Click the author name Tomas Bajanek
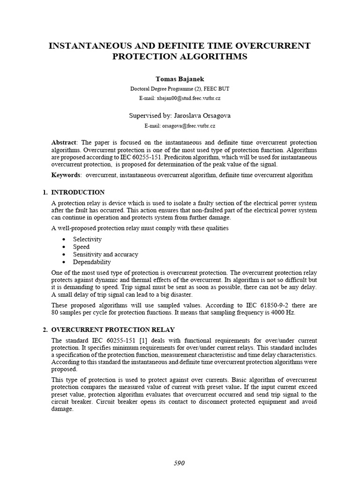[180, 78]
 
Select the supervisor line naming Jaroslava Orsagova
[180, 115]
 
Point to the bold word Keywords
[66, 175]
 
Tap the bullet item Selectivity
[87, 239]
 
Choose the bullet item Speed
[81, 247]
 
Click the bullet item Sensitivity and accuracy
[105, 254]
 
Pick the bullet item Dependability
[92, 262]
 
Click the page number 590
[180, 463]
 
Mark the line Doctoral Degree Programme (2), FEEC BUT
[180, 88]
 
